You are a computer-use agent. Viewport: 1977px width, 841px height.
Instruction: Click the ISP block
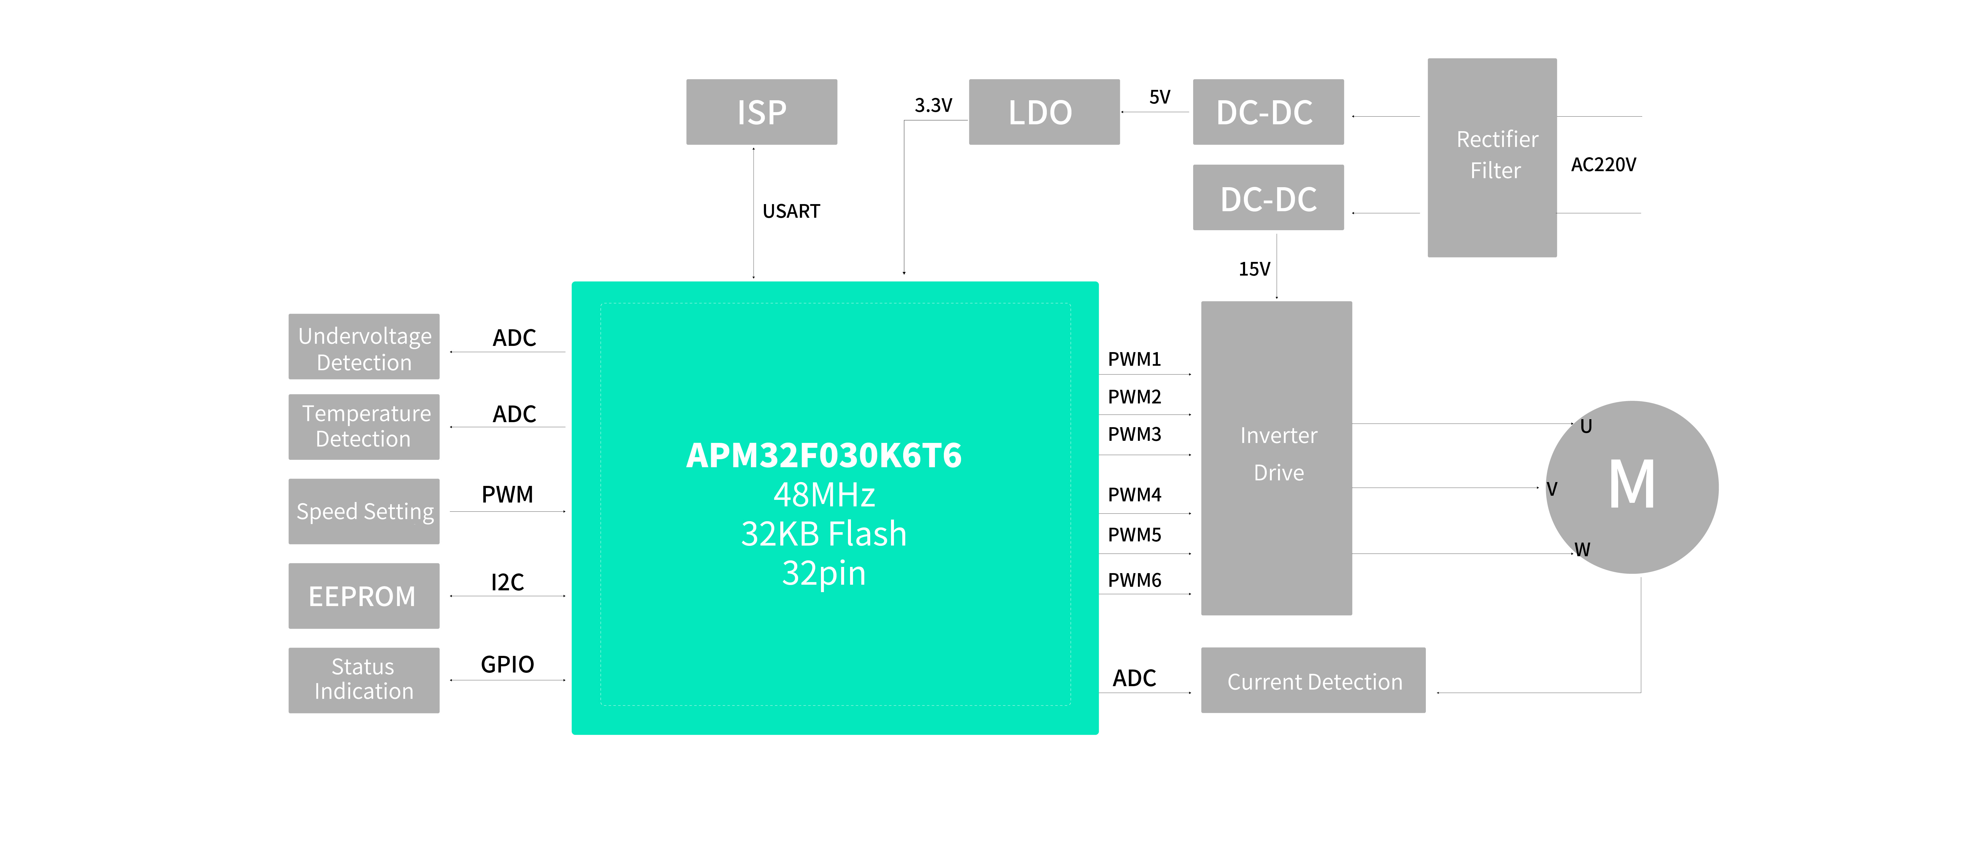761,112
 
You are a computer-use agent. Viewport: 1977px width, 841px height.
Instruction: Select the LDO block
1044,112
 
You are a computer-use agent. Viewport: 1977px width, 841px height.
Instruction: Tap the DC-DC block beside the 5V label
1268,112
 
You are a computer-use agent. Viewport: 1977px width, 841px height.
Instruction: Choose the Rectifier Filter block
1492,157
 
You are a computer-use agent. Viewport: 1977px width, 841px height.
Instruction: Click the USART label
791,211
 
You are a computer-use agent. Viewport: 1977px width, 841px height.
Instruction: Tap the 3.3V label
933,105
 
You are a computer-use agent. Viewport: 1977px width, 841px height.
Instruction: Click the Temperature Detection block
364,427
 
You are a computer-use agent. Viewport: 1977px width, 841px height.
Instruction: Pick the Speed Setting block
364,511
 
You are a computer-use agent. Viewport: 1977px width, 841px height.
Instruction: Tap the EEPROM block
364,595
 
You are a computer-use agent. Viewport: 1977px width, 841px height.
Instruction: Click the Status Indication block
364,680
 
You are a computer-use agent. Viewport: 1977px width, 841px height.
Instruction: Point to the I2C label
507,582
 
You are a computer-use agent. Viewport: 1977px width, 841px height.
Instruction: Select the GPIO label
507,664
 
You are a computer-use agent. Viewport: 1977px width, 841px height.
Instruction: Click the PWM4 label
1134,495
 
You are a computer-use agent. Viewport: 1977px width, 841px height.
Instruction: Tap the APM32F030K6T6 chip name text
824,456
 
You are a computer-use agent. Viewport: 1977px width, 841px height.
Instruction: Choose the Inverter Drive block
1276,458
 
